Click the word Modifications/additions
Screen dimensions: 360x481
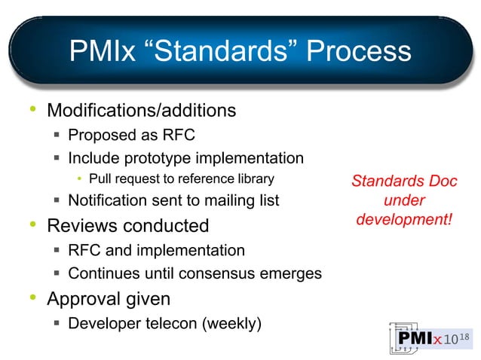[142, 111]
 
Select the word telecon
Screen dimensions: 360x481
[173, 324]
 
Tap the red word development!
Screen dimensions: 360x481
[404, 221]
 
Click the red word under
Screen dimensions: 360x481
[404, 201]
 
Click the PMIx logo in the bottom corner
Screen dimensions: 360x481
[428, 338]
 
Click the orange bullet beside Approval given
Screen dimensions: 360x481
[32, 298]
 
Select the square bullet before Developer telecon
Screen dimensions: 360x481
[57, 324]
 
